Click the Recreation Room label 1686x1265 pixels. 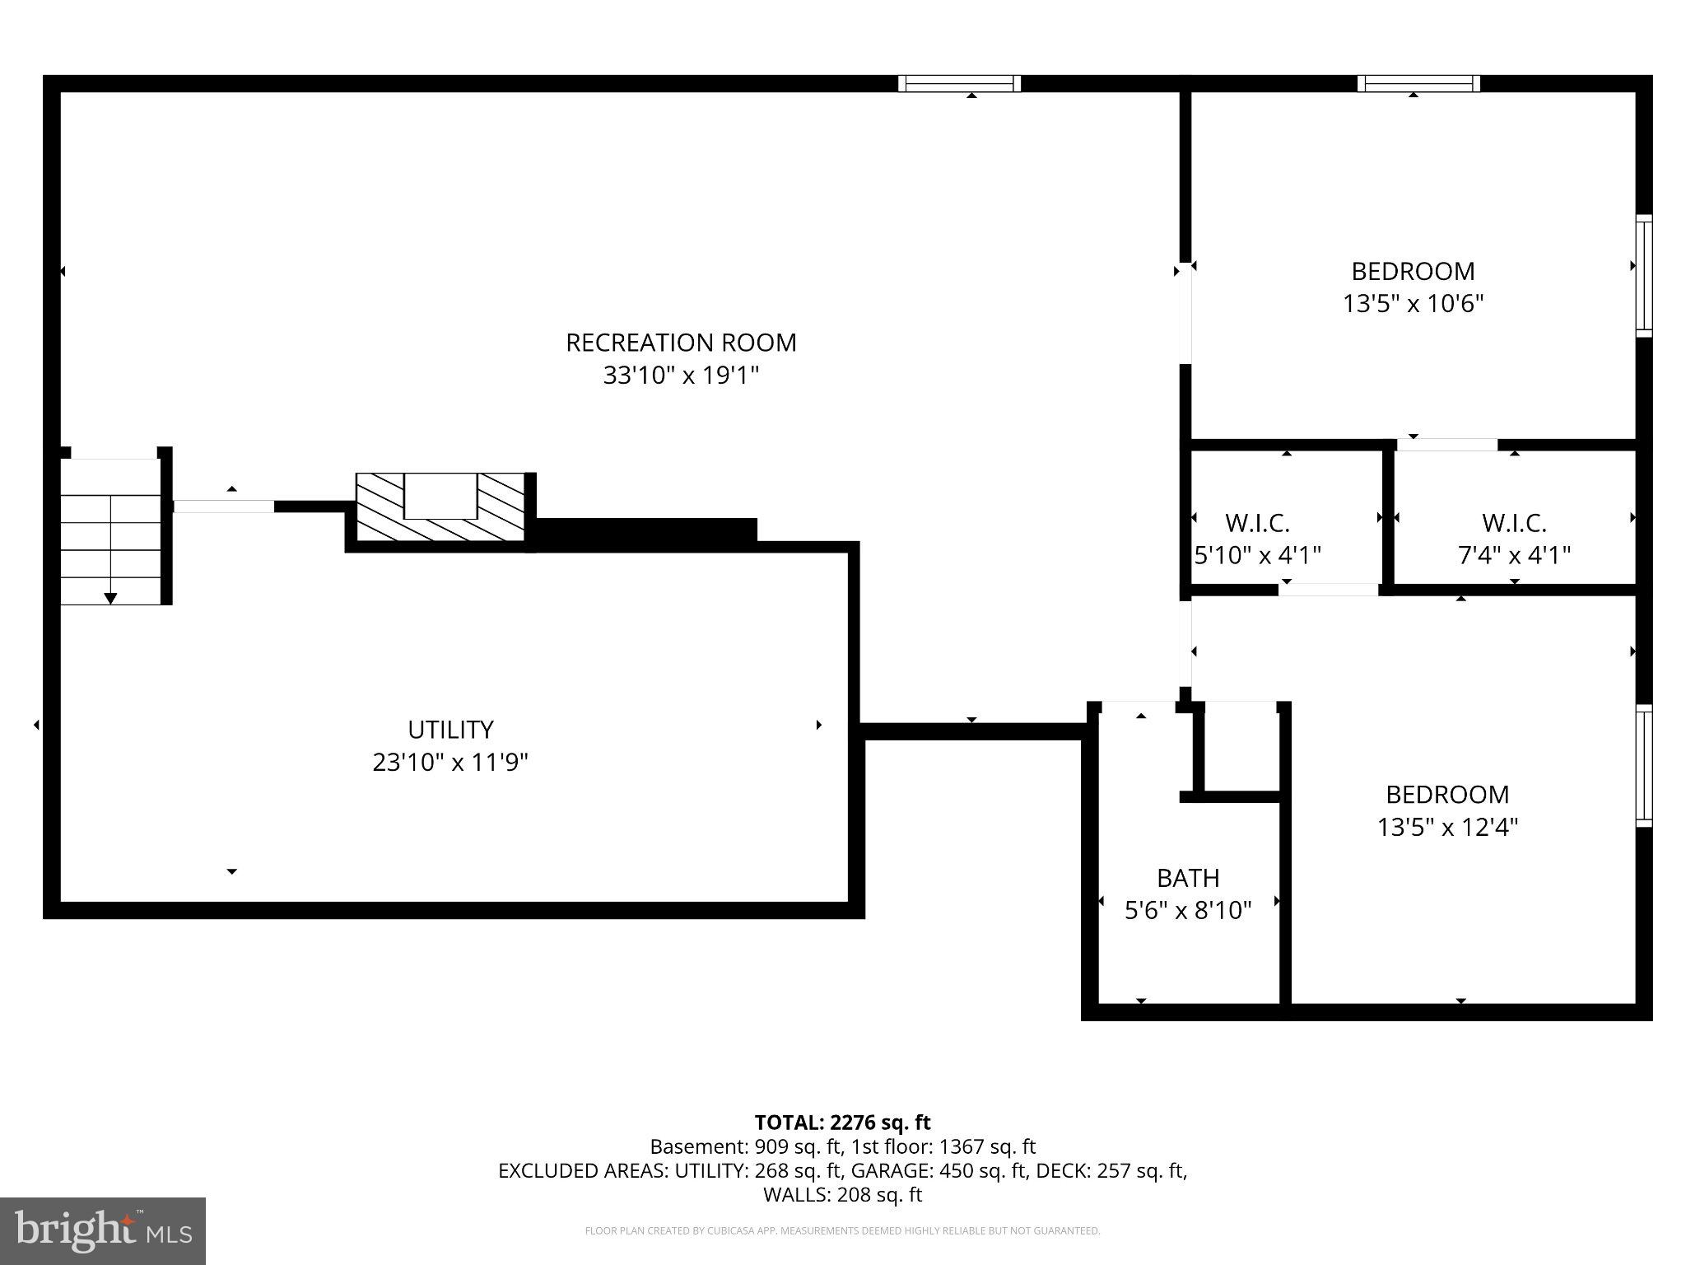pyautogui.click(x=681, y=343)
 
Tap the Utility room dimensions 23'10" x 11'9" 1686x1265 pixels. pyautogui.click(x=450, y=763)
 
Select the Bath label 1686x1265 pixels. pyautogui.click(x=1188, y=878)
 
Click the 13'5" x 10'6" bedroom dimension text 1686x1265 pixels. pyautogui.click(x=1414, y=304)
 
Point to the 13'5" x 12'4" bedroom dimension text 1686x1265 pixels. pyautogui.click(x=1448, y=827)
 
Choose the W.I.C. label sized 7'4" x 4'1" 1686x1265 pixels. pyautogui.click(x=1515, y=523)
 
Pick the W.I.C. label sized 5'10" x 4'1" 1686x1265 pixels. pyautogui.click(x=1257, y=523)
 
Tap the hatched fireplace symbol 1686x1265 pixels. pyautogui.click(x=440, y=507)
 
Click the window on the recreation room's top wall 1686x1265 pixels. pyautogui.click(x=959, y=83)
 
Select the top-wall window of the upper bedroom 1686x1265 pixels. pyautogui.click(x=1418, y=83)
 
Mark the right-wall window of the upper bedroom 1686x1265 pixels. pyautogui.click(x=1644, y=276)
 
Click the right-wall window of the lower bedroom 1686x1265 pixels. pyautogui.click(x=1644, y=766)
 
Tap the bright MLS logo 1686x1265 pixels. pyautogui.click(x=103, y=1231)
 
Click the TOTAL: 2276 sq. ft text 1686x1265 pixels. pyautogui.click(x=842, y=1123)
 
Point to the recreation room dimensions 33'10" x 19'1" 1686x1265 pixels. pyautogui.click(x=681, y=376)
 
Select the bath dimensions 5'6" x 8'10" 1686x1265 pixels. pyautogui.click(x=1188, y=910)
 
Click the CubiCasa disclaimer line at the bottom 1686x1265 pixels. pyautogui.click(x=842, y=1231)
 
